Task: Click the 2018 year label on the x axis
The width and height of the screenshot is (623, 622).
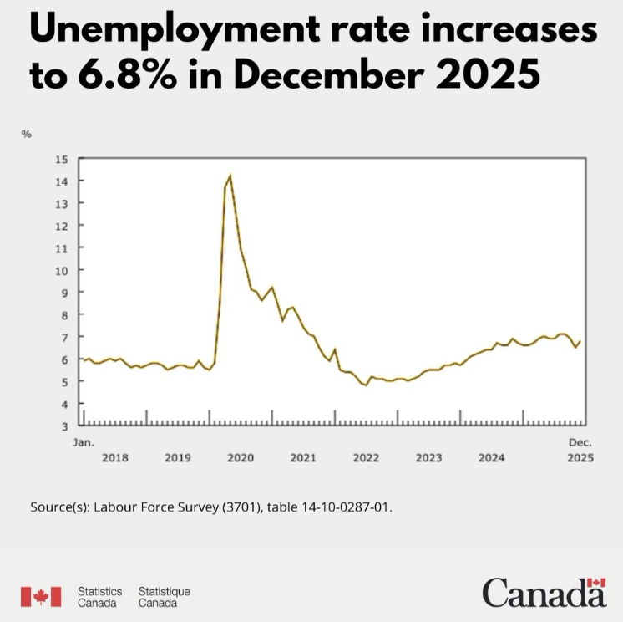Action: (x=115, y=458)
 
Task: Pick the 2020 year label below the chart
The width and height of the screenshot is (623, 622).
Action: (x=241, y=458)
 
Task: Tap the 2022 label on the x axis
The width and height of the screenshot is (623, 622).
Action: (x=366, y=458)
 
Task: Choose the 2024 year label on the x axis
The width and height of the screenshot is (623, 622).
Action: (x=491, y=458)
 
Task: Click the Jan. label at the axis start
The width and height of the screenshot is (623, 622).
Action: (x=84, y=441)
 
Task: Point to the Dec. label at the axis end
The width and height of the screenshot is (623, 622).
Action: (x=580, y=441)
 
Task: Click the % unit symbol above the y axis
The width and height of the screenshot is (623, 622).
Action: (x=26, y=134)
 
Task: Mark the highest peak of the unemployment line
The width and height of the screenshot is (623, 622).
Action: (x=230, y=176)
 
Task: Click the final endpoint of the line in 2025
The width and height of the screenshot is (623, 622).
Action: (x=580, y=341)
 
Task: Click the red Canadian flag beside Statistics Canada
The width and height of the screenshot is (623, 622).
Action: (x=41, y=596)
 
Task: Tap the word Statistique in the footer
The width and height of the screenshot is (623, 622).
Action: (x=165, y=591)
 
